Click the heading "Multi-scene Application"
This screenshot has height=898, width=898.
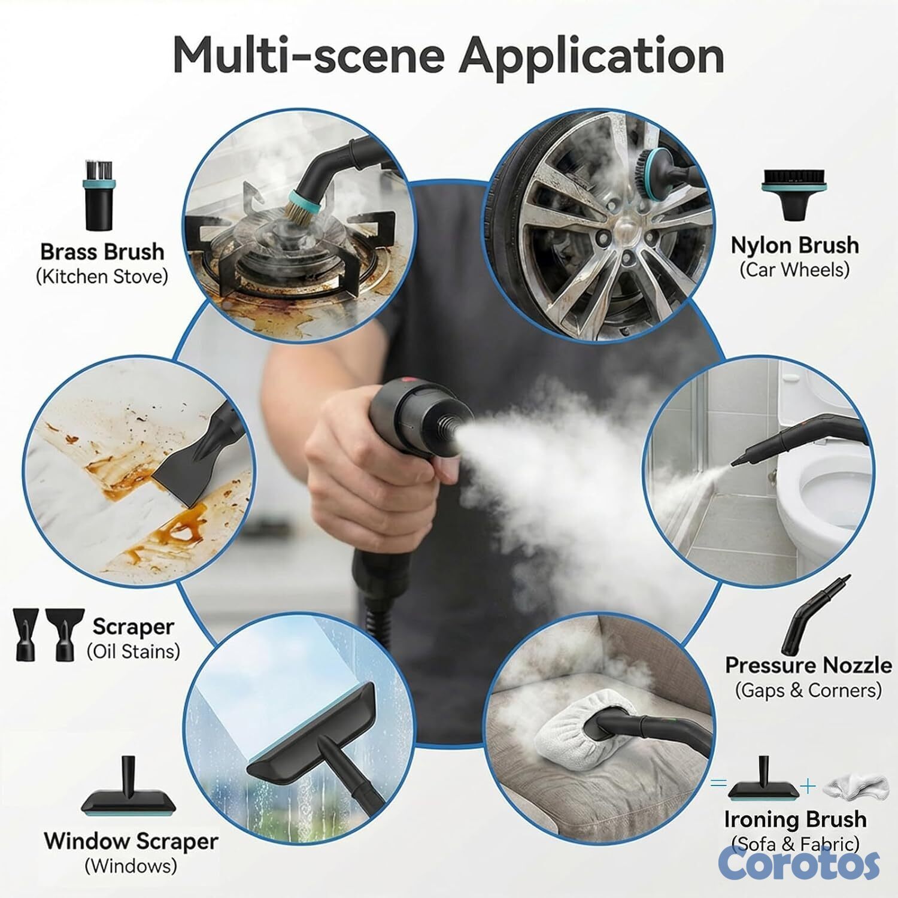pyautogui.click(x=448, y=56)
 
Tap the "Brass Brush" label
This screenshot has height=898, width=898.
pyautogui.click(x=102, y=251)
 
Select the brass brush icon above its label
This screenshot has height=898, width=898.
pyautogui.click(x=98, y=195)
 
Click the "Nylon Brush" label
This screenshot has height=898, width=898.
pyautogui.click(x=794, y=245)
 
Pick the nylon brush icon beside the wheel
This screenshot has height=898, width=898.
pyautogui.click(x=794, y=194)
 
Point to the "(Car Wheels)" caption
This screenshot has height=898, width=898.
pyautogui.click(x=794, y=270)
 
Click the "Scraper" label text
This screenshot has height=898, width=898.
pyautogui.click(x=133, y=627)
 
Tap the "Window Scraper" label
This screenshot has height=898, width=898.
pyautogui.click(x=131, y=841)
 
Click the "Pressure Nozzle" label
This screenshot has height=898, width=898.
pyautogui.click(x=808, y=665)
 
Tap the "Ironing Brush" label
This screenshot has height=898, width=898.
pyautogui.click(x=795, y=819)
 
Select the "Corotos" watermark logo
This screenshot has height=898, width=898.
pyautogui.click(x=799, y=863)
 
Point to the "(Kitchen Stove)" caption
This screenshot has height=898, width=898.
pyautogui.click(x=102, y=277)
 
